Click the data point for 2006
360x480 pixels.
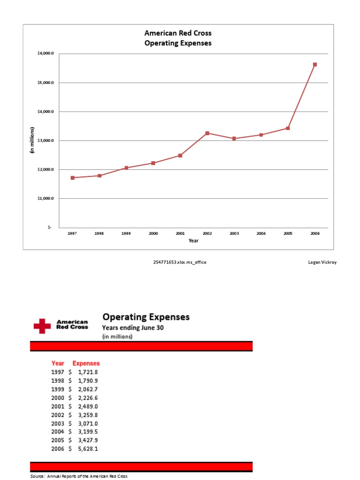315,65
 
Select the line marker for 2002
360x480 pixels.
207,133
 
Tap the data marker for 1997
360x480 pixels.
72,178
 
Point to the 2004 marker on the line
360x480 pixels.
261,135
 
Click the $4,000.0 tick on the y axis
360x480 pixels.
46,112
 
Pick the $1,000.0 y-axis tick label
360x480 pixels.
46,198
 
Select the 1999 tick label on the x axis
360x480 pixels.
126,233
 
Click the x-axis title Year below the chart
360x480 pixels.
194,240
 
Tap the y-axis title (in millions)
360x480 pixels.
32,140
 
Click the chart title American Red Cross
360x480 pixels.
178,33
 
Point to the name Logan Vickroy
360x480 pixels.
322,262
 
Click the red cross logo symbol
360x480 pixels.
42,326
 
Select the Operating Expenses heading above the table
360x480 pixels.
146,317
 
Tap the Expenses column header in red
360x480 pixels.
86,363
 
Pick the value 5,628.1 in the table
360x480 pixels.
88,449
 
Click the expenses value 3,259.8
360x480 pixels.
88,415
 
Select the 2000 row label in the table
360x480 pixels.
57,398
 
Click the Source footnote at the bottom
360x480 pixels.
79,476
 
